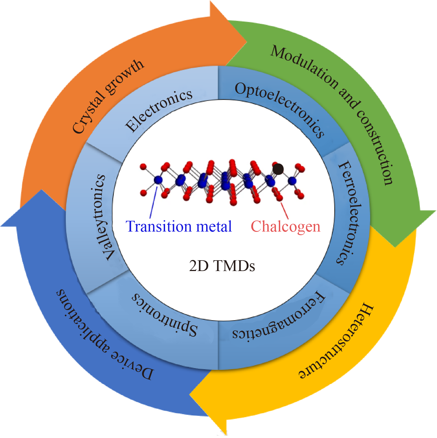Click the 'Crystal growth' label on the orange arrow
click(x=108, y=97)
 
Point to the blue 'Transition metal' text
click(x=179, y=227)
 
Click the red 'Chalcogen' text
click(x=285, y=227)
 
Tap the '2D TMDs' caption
click(x=222, y=266)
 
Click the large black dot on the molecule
click(x=278, y=169)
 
